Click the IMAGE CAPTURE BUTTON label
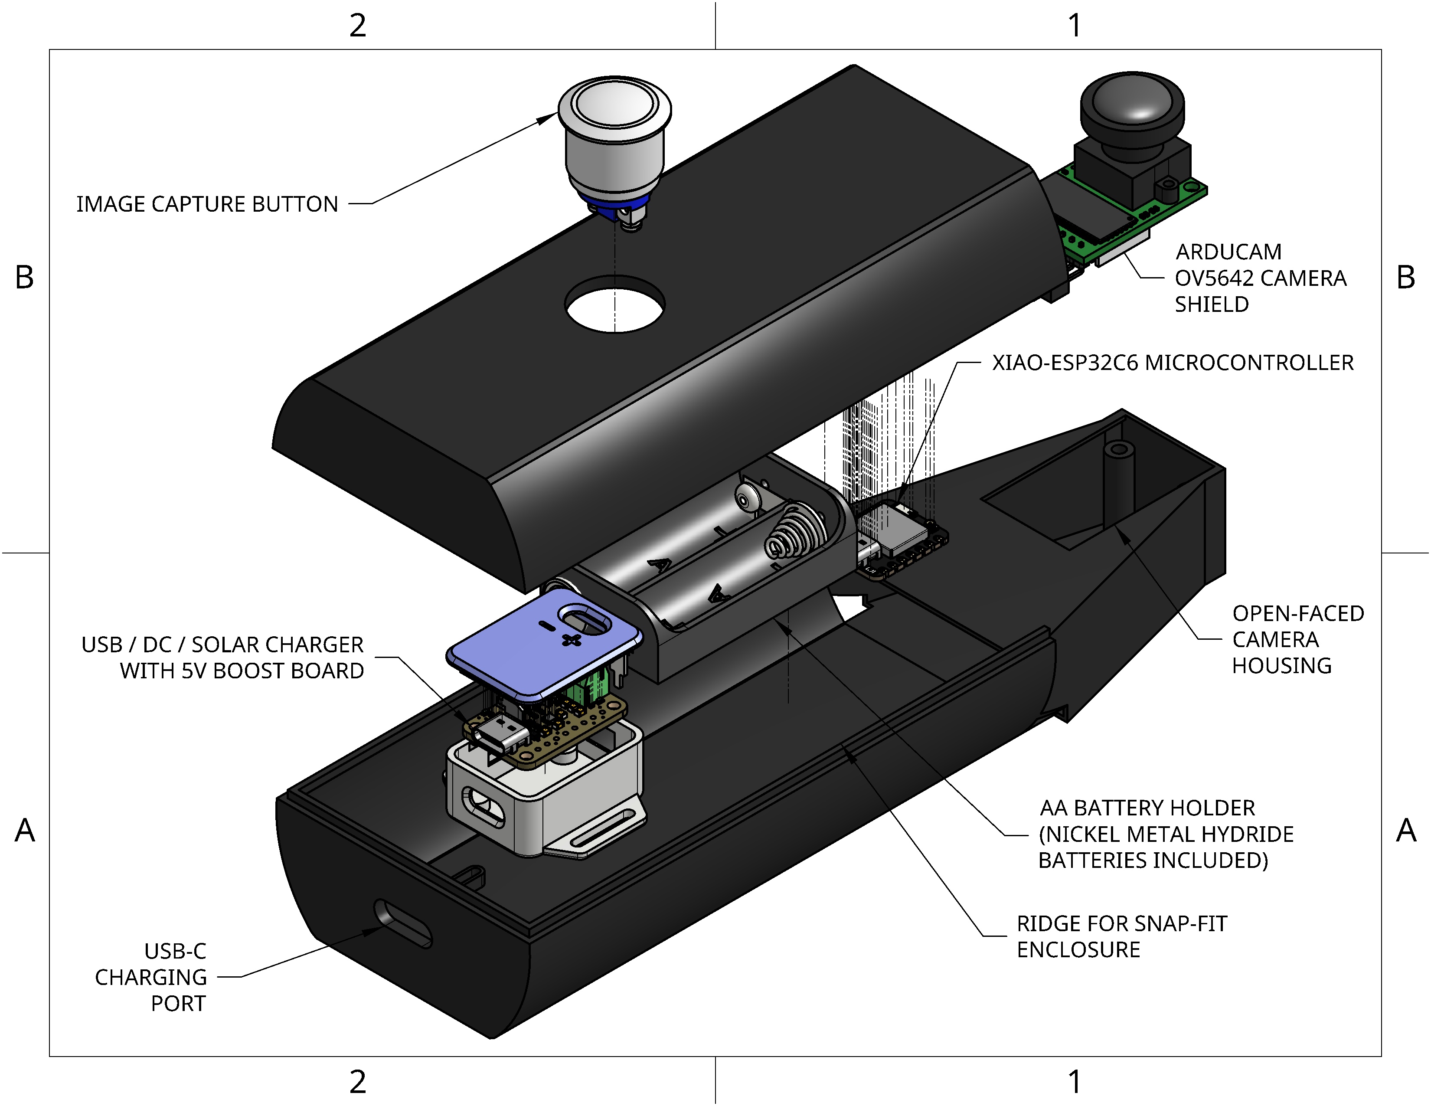(207, 204)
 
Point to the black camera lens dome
(1132, 105)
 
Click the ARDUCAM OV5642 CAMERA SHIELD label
(1259, 278)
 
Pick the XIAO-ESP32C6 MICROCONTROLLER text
(1172, 362)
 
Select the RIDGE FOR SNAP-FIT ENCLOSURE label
(1121, 936)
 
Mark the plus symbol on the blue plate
(572, 640)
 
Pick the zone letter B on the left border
(24, 277)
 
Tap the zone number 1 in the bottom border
(1075, 1082)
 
